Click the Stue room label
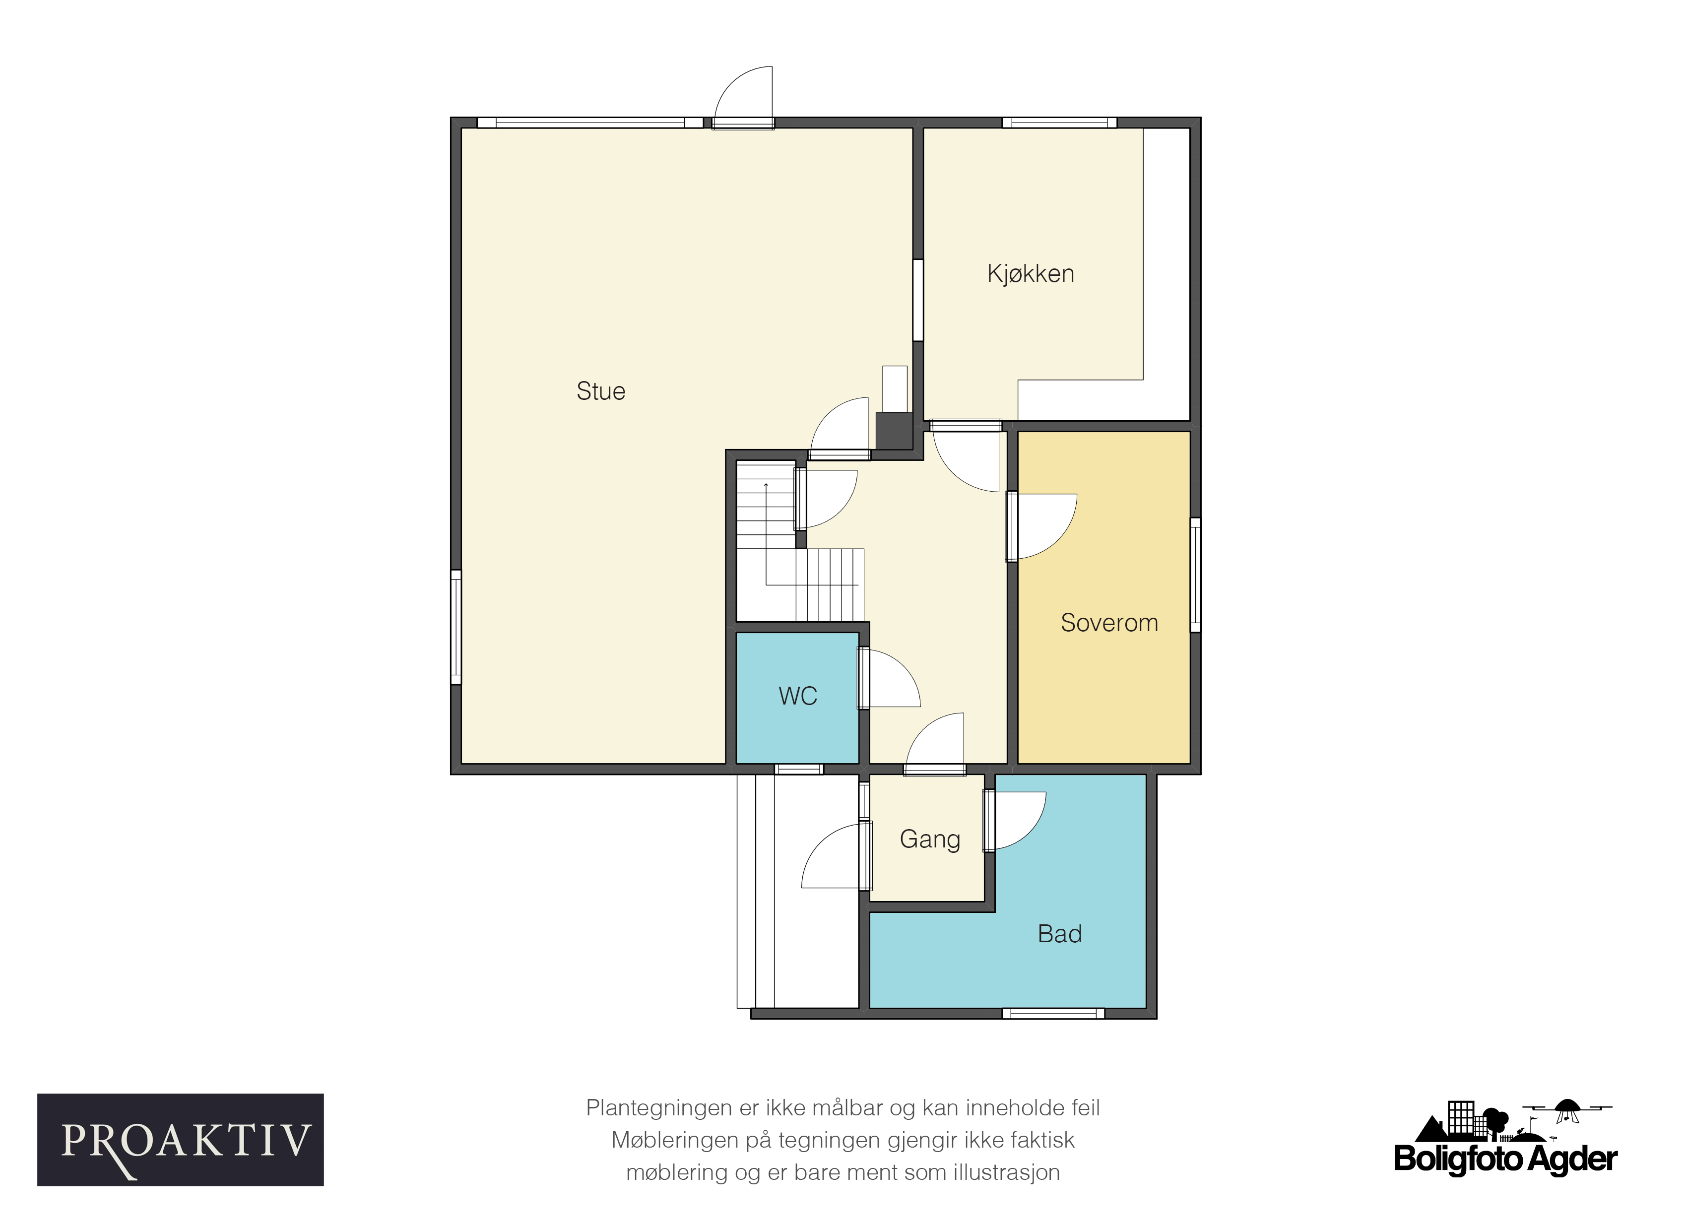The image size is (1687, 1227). (600, 391)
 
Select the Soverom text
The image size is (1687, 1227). (1109, 622)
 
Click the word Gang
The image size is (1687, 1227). (930, 840)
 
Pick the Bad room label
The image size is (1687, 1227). (1059, 934)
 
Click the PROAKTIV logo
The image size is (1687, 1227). (180, 1141)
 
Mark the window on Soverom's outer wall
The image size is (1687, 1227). (1195, 575)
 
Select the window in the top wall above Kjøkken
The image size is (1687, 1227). (1059, 123)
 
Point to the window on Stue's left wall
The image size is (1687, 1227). (456, 627)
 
